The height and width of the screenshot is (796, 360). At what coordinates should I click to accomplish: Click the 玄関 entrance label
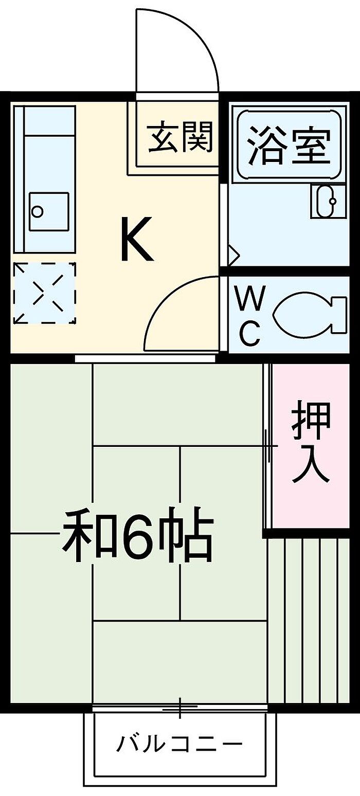tap(179, 137)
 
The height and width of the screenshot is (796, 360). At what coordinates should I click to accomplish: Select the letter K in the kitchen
tap(137, 239)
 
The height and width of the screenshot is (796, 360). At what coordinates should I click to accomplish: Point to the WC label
tap(250, 316)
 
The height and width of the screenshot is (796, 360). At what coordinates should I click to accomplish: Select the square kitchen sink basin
tap(49, 211)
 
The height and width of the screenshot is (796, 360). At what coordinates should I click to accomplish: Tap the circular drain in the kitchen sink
tap(37, 211)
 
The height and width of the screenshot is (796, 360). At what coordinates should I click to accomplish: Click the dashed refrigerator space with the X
tap(45, 293)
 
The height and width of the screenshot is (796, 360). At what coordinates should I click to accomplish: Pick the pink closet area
tap(311, 446)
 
